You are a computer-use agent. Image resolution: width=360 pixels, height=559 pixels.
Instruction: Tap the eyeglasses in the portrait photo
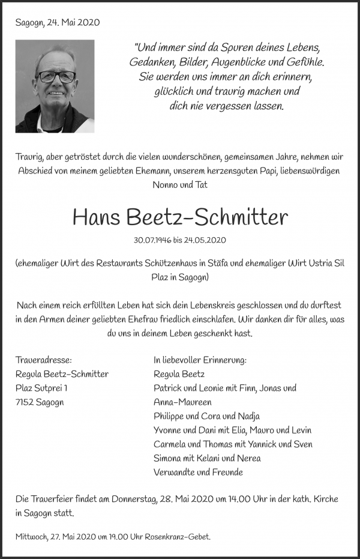coord(56,76)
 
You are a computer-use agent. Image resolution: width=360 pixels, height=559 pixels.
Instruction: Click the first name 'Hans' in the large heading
coord(97,217)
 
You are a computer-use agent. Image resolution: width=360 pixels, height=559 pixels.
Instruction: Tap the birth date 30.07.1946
coord(154,240)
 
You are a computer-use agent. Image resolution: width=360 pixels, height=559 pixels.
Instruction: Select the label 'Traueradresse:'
coord(44,360)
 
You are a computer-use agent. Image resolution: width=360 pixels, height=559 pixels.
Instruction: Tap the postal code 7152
coord(26,402)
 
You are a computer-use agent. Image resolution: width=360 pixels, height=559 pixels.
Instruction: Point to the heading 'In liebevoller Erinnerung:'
coord(200,360)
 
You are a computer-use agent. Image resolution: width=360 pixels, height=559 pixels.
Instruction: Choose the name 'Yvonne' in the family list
coord(169,430)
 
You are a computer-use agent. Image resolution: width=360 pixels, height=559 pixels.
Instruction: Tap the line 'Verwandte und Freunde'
coord(198,472)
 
